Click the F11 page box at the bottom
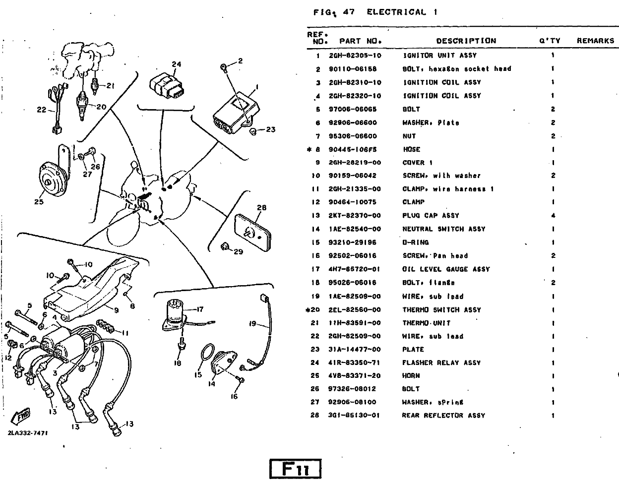click(x=295, y=469)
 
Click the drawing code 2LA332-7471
click(x=28, y=433)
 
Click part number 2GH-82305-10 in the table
click(x=355, y=56)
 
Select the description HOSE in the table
click(x=411, y=149)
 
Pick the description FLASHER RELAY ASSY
click(x=441, y=362)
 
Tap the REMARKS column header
click(x=595, y=41)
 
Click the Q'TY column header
click(x=550, y=41)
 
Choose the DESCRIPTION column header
click(x=466, y=41)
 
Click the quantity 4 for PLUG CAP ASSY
click(x=553, y=216)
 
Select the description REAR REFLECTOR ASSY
click(x=443, y=416)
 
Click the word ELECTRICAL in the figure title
click(x=396, y=12)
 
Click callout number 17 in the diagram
click(x=200, y=309)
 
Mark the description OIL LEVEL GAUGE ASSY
click(x=446, y=269)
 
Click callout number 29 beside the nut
click(x=239, y=251)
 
